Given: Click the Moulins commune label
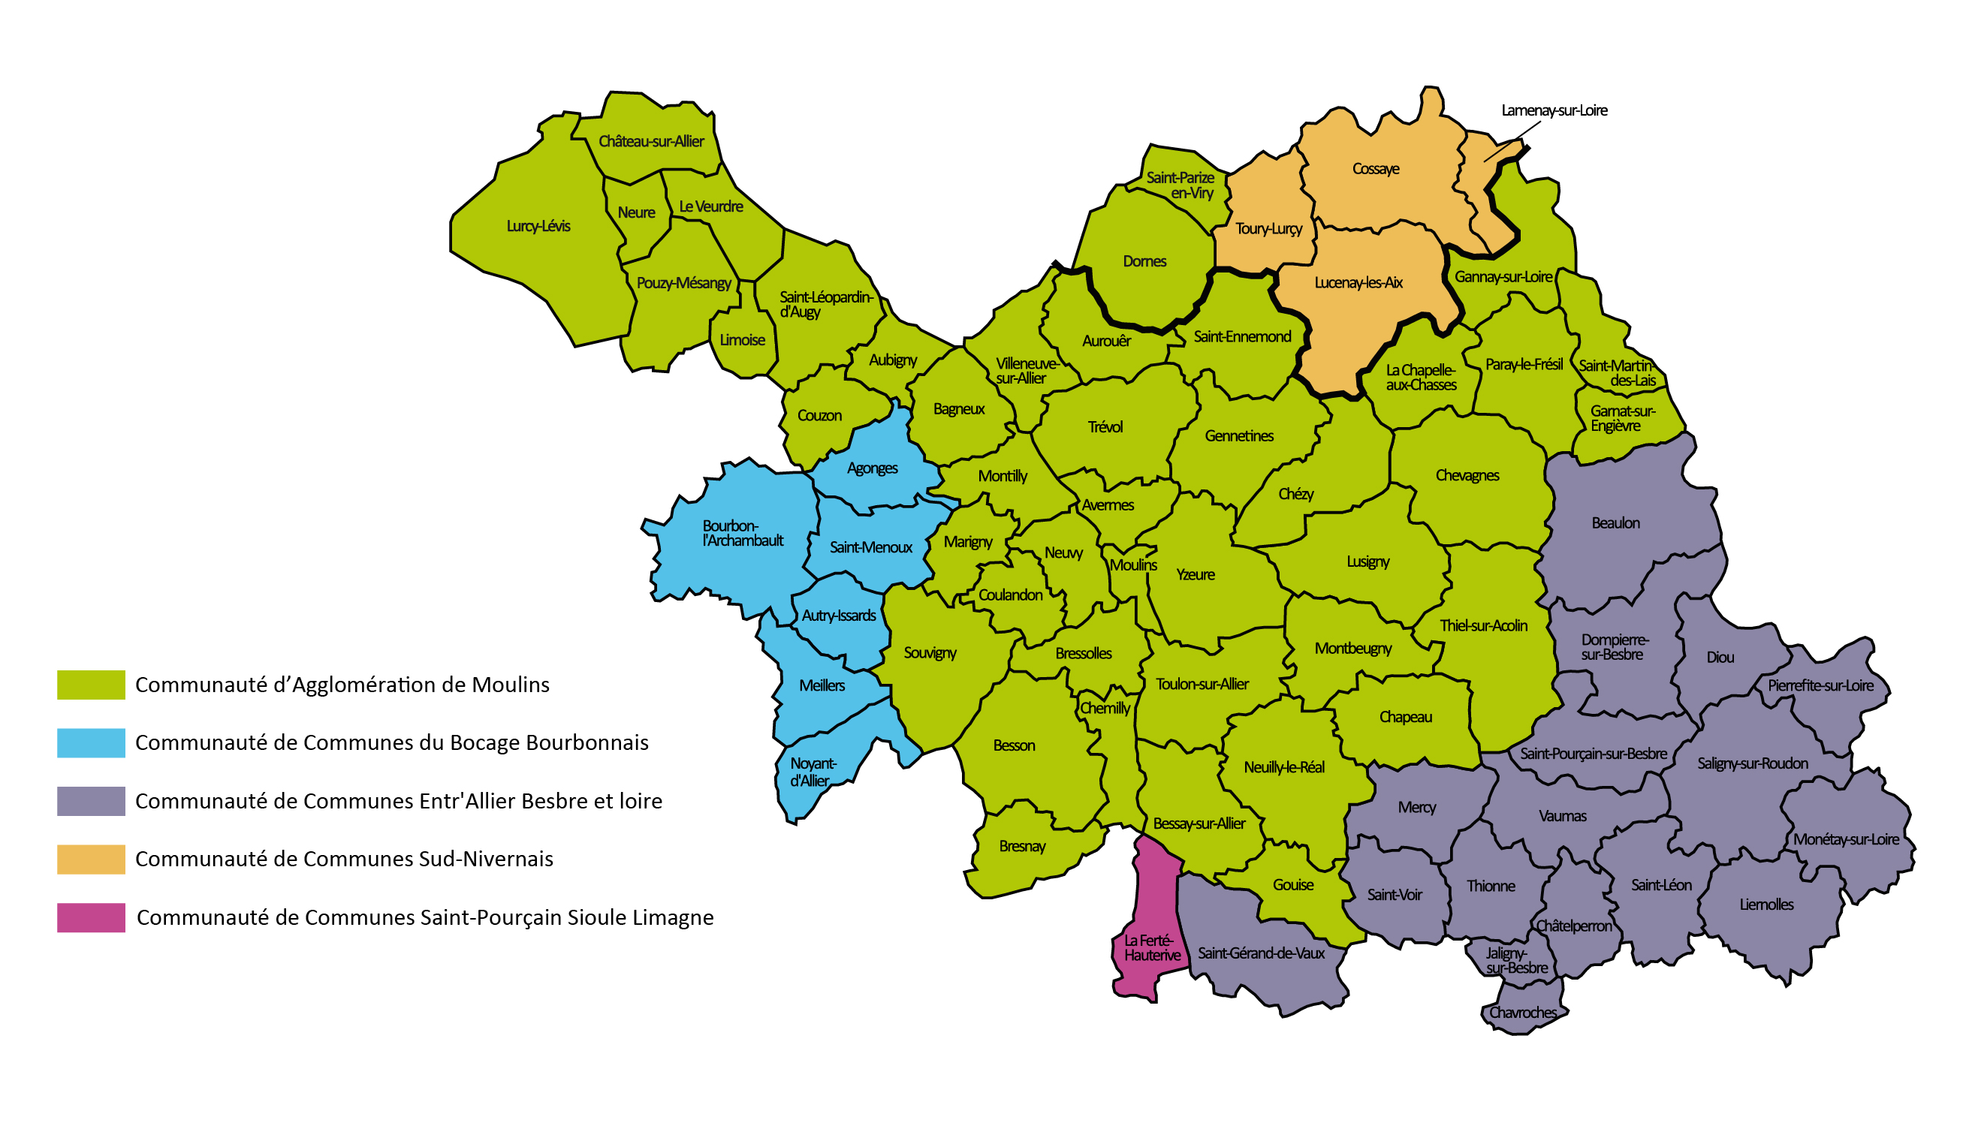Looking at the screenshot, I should pos(1133,565).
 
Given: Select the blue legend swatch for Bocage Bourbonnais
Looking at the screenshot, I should pos(92,743).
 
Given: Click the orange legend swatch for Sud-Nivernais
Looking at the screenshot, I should pos(92,860).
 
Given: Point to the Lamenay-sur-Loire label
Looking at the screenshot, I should pos(1554,110).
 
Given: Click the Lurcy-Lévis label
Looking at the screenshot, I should pos(538,227).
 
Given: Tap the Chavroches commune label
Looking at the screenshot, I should pos(1523,1013).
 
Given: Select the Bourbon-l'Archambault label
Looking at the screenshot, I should pos(742,534).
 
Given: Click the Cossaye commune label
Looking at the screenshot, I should pos(1375,170).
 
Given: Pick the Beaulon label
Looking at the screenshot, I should pos(1615,523).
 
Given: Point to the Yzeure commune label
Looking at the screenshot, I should pos(1195,574).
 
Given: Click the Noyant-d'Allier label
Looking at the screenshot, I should pos(812,772).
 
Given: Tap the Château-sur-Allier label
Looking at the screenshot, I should pos(651,142).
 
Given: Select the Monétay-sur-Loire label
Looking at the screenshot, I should pos(1845,840).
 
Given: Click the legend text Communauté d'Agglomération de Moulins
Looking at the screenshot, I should pos(342,685).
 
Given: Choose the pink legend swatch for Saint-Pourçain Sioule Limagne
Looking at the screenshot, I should pos(92,918).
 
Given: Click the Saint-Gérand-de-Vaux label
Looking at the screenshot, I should pos(1261,953).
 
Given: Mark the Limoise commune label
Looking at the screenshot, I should pos(742,340).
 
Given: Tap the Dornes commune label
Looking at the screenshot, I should pos(1144,261).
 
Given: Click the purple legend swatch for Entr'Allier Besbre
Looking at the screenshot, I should pos(92,801).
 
